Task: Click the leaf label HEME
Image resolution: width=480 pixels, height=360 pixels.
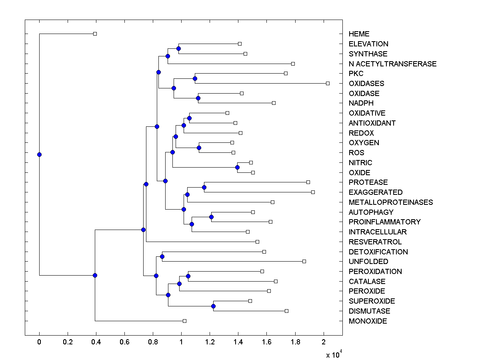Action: [x=359, y=34]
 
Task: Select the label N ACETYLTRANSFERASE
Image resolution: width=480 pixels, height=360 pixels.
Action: [x=392, y=64]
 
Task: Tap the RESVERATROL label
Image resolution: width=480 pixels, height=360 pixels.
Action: [x=375, y=242]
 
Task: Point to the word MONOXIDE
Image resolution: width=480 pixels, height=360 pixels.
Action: [x=368, y=321]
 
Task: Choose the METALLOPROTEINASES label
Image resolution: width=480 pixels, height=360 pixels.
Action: [x=390, y=202]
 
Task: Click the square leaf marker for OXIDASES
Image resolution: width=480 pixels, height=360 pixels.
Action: [x=328, y=83]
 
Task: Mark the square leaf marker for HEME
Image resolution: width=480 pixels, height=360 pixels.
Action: [x=95, y=34]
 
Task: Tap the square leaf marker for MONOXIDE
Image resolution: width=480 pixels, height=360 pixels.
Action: [x=184, y=321]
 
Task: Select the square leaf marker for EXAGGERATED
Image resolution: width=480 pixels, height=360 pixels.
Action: [x=313, y=192]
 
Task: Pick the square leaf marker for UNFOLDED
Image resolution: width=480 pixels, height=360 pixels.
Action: [x=304, y=261]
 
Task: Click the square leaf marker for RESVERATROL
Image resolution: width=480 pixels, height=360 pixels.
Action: [x=257, y=242]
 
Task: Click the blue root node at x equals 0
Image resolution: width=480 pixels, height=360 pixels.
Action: [x=39, y=154]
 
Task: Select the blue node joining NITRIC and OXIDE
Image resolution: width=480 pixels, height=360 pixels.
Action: [x=237, y=167]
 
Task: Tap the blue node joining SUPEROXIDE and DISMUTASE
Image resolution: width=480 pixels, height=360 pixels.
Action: [x=213, y=306]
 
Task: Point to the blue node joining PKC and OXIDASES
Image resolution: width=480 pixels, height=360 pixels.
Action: [x=195, y=78]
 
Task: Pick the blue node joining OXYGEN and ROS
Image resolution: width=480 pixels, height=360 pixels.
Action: [x=199, y=148]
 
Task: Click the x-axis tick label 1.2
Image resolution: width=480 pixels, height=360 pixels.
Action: [x=210, y=342]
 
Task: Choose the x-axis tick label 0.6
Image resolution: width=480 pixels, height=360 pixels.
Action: [x=124, y=342]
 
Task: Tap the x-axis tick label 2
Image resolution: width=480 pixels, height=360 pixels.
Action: [x=324, y=342]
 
